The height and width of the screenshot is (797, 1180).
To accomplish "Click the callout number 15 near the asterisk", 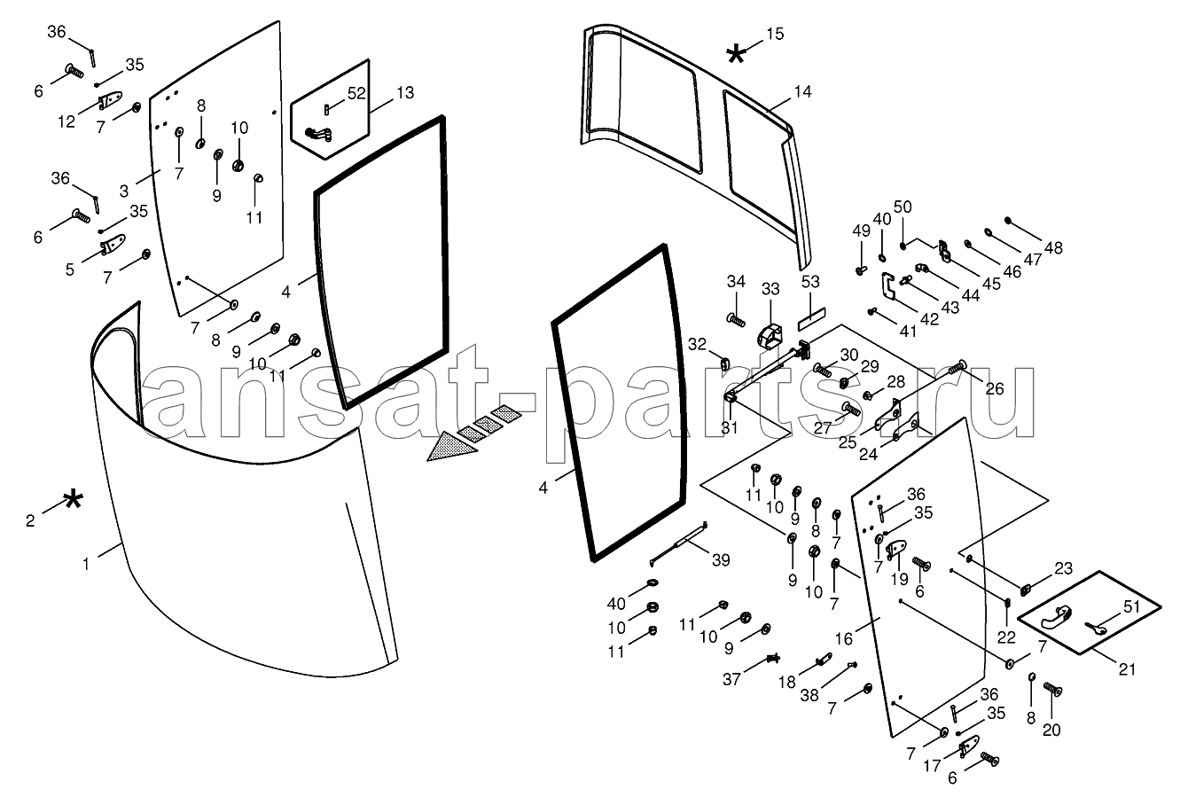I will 775,35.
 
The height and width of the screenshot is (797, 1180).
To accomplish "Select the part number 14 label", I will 802,91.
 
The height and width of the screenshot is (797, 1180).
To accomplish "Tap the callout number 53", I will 811,283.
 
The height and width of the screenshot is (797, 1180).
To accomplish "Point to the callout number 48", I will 1053,248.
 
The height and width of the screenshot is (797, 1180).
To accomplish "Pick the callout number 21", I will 1127,668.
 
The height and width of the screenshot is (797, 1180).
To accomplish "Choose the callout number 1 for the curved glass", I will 87,562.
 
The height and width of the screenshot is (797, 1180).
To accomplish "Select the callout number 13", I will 404,92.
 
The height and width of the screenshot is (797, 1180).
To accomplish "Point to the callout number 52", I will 356,92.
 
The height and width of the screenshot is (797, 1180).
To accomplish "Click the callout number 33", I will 770,288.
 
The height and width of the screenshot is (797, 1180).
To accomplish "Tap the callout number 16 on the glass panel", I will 844,638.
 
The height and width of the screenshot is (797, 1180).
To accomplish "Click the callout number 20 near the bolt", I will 1053,731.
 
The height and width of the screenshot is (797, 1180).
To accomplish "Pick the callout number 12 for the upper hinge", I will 67,121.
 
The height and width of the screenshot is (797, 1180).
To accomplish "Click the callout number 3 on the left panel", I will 123,190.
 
